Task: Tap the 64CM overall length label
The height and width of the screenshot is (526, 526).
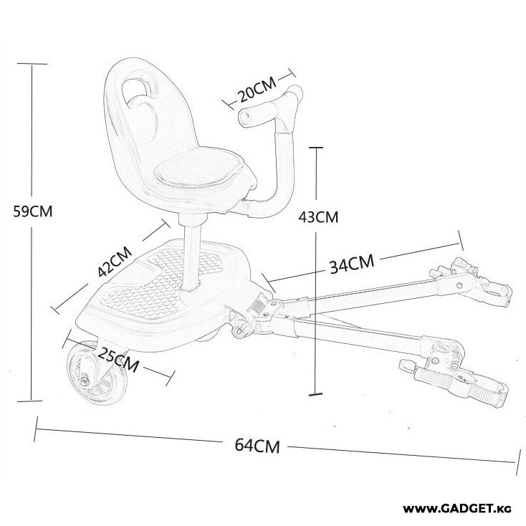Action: click(x=257, y=446)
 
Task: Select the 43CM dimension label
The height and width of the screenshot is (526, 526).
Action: click(x=317, y=215)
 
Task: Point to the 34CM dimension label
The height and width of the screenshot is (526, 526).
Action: click(x=352, y=264)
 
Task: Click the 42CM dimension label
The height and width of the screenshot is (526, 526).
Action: click(x=115, y=263)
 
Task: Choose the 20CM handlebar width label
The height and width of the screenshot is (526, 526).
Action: click(x=257, y=91)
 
